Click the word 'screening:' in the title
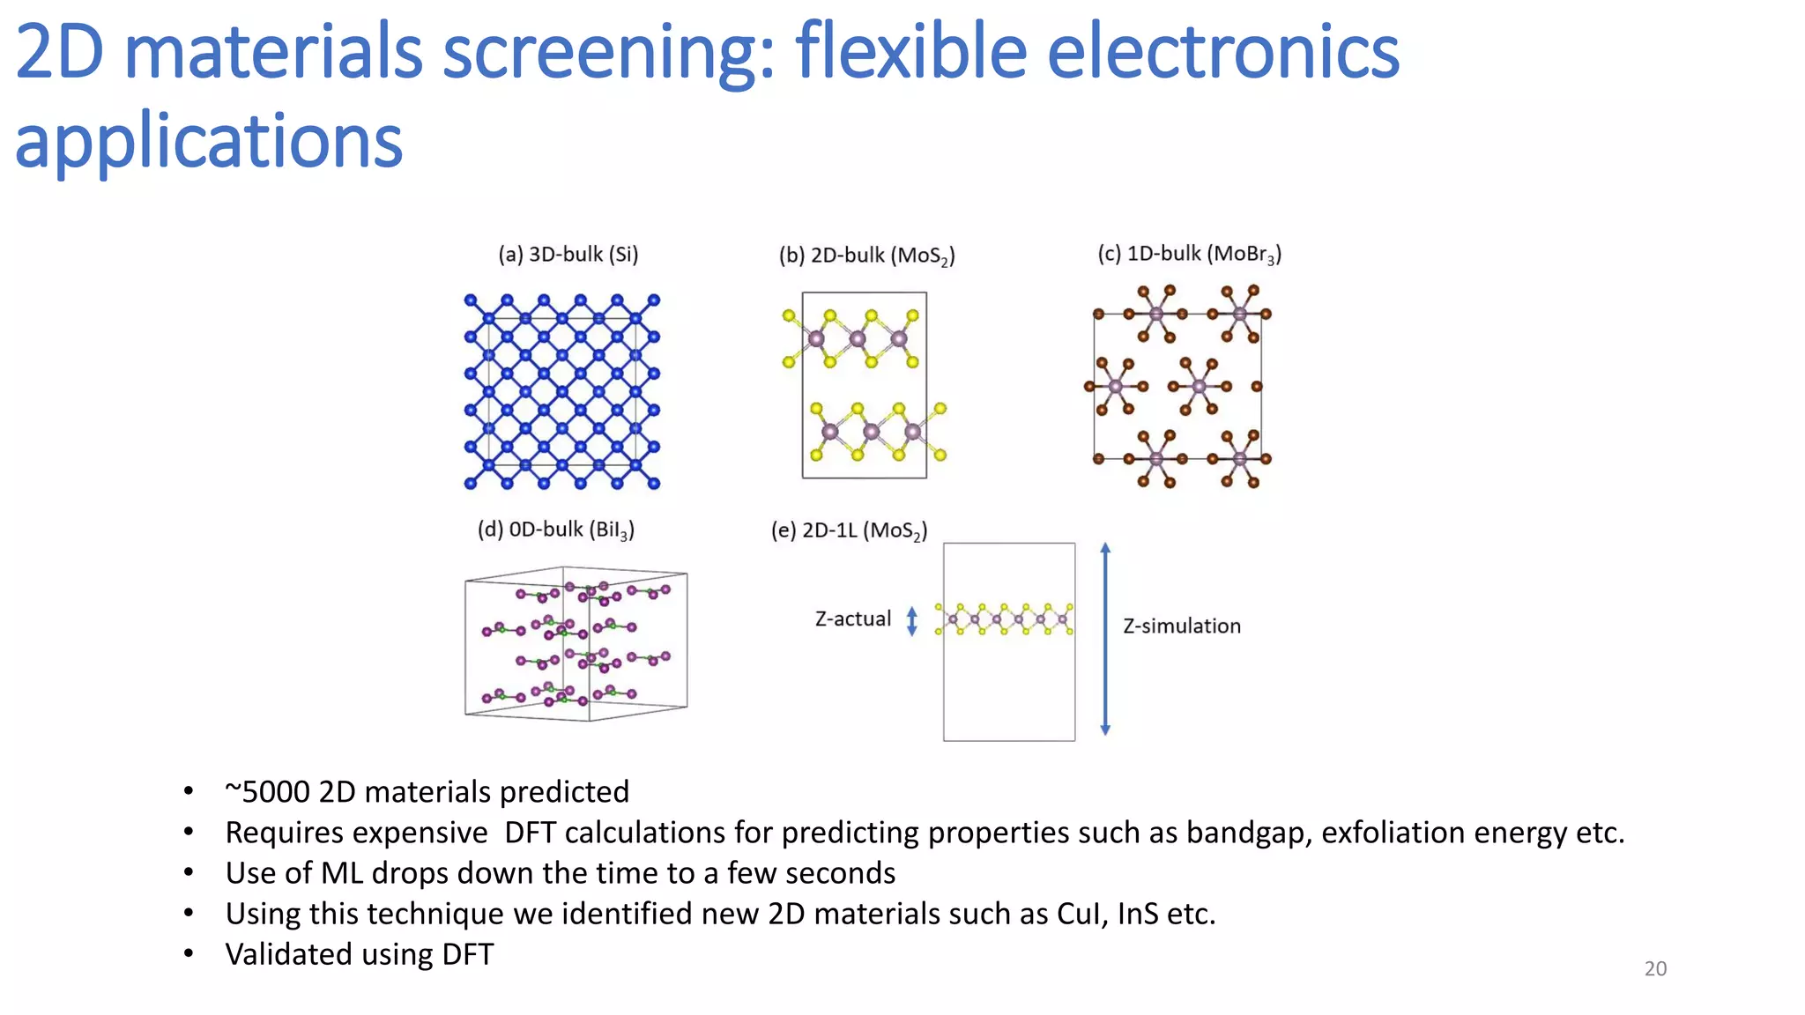[607, 53]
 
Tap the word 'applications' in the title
[209, 141]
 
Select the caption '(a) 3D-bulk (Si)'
[568, 255]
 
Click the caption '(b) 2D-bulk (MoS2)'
[866, 256]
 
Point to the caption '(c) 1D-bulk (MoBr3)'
[1189, 254]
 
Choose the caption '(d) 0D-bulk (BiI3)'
[555, 530]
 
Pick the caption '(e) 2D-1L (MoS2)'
[849, 530]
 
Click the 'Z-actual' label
[852, 619]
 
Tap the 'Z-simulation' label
[1181, 626]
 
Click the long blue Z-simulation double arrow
[1105, 640]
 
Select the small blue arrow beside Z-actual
[912, 620]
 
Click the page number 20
[1655, 968]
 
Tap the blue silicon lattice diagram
[561, 391]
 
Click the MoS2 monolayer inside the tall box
[1004, 619]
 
